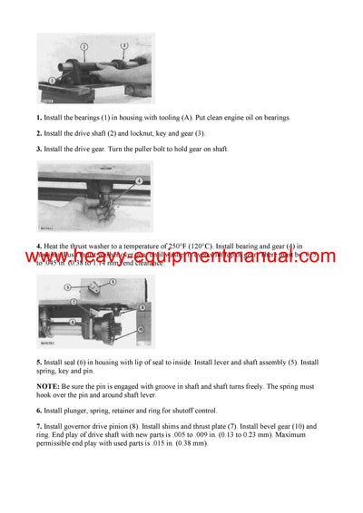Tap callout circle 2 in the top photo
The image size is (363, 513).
tap(83, 45)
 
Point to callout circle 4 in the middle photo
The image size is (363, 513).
tap(138, 180)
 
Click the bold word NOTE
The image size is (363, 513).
tap(48, 388)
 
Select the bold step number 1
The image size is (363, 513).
tap(39, 118)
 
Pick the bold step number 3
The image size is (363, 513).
tap(39, 149)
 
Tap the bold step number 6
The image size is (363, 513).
tap(39, 411)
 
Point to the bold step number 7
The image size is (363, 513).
tap(39, 426)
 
